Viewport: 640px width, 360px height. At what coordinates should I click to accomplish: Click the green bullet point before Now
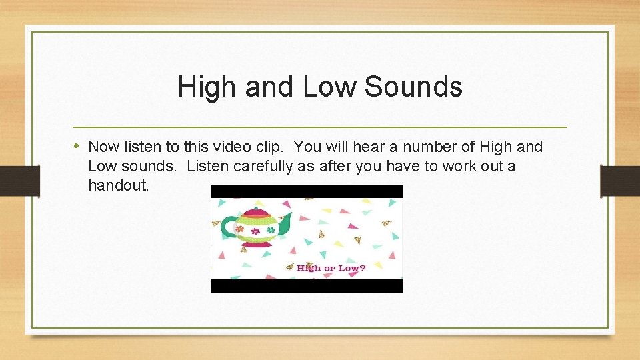click(78, 146)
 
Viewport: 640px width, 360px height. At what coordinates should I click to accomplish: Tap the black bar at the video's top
click(307, 191)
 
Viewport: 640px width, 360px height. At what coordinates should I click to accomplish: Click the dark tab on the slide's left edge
click(20, 180)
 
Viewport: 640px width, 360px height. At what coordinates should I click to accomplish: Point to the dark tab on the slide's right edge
click(620, 180)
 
